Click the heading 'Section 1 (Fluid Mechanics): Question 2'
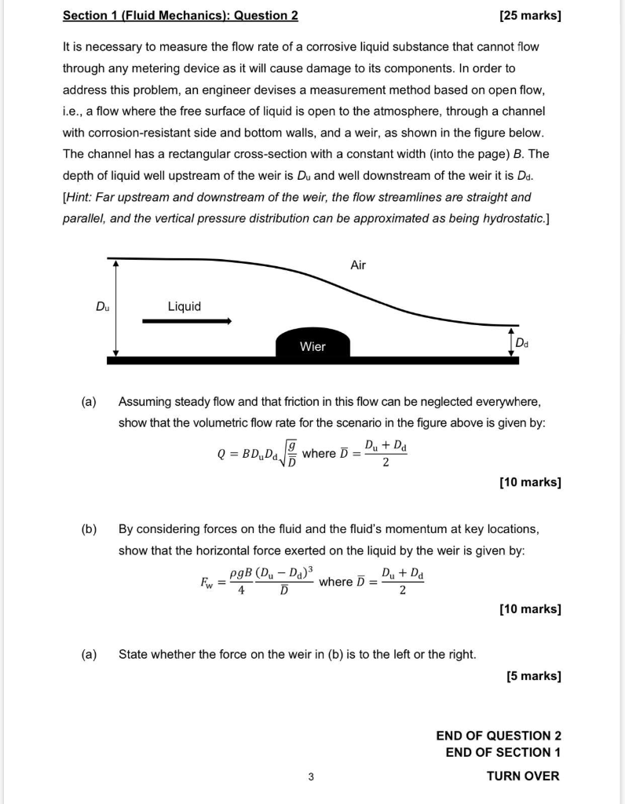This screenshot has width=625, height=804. (x=180, y=16)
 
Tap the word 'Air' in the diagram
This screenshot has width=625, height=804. (x=358, y=265)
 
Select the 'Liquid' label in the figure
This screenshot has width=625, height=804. (x=184, y=306)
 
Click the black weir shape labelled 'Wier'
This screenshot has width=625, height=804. (x=312, y=345)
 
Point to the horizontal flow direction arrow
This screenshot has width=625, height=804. (x=187, y=321)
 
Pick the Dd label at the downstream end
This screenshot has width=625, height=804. (x=522, y=343)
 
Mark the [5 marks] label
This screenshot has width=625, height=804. (x=534, y=675)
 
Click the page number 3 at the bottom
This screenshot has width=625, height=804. (x=311, y=777)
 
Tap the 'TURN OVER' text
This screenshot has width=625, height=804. (x=523, y=776)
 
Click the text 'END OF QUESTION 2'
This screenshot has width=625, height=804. (x=499, y=736)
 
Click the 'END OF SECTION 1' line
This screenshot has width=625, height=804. (x=503, y=752)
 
